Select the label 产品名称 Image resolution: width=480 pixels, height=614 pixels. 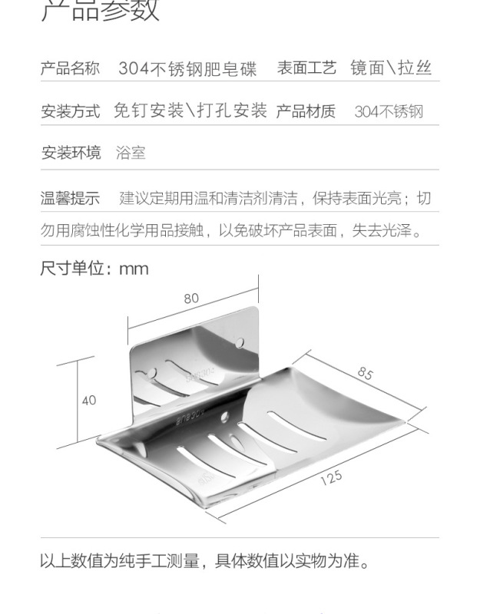pos(70,68)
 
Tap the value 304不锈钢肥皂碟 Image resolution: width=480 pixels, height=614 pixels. pos(187,68)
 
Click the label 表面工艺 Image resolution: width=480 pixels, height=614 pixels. pos(306,68)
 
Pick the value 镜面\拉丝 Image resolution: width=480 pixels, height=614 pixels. pos(391,68)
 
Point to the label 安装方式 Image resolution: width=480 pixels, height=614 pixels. pos(70,111)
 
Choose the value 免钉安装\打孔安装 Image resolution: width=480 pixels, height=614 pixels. pos(190,111)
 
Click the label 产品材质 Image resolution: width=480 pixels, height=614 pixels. pos(306,111)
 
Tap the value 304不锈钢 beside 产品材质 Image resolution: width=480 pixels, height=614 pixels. pos(389,111)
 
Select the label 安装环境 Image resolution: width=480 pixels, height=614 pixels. pos(70,153)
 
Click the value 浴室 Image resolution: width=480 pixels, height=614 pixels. pos(131,153)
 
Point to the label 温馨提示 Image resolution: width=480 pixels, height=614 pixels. pos(70,199)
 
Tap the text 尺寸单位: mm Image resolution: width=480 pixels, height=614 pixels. pos(94,269)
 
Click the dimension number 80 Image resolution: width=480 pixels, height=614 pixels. pos(191,299)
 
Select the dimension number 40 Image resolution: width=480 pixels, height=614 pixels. pos(89,400)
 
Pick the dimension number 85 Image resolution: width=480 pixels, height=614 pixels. pos(364,373)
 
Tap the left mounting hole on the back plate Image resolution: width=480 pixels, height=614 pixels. pos(152,373)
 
